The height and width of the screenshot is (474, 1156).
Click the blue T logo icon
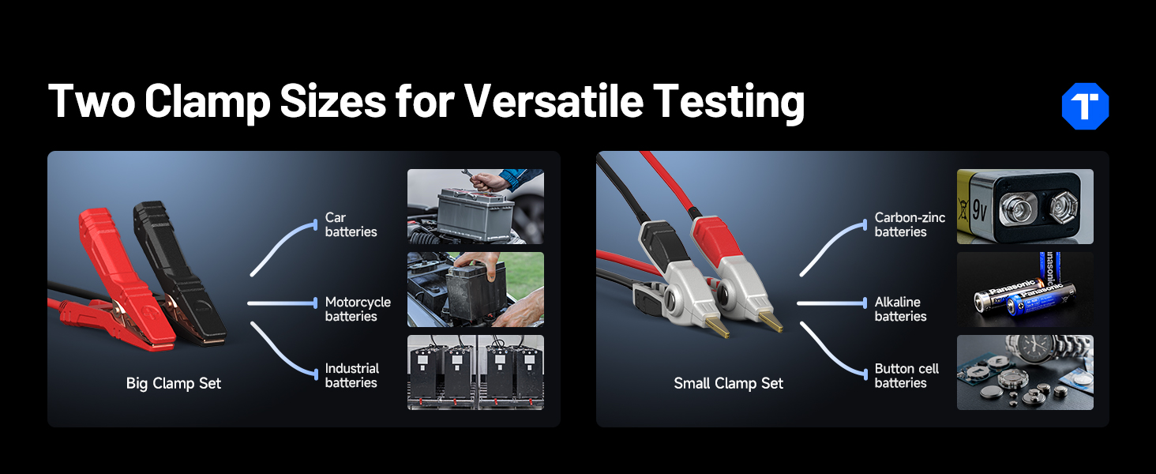point(1085,106)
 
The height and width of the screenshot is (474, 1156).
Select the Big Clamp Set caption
point(174,383)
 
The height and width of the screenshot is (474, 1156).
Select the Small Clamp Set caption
point(728,383)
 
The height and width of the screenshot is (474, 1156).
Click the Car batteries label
point(351,224)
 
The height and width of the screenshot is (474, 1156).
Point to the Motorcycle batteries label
point(358,309)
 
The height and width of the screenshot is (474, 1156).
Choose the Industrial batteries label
point(352,375)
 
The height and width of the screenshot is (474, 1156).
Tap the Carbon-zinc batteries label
point(910,224)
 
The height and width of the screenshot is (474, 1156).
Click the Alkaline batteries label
point(900,309)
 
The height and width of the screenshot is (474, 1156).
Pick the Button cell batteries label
point(906,375)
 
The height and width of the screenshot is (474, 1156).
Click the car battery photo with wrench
point(475,206)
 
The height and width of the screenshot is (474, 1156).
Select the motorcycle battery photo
point(475,290)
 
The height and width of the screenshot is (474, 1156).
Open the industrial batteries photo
point(475,373)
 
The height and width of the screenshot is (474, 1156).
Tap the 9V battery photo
point(1025,206)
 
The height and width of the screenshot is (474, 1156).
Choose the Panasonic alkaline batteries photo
point(1025,290)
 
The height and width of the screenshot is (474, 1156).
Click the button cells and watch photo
point(1025,373)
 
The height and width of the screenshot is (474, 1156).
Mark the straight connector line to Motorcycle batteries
point(282,303)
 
